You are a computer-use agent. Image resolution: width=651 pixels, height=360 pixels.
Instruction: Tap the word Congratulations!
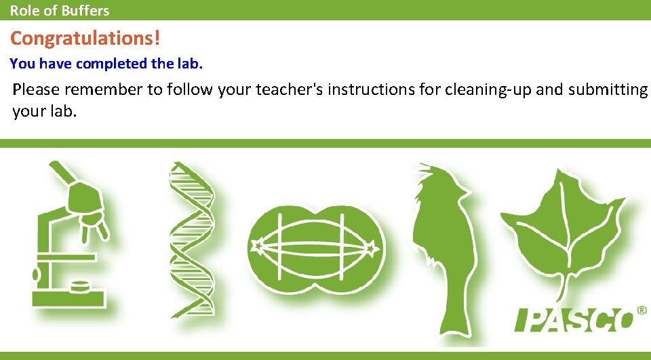click(x=85, y=38)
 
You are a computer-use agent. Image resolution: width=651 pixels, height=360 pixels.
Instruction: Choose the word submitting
click(x=605, y=89)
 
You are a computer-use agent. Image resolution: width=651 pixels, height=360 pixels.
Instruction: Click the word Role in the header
click(x=23, y=10)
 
